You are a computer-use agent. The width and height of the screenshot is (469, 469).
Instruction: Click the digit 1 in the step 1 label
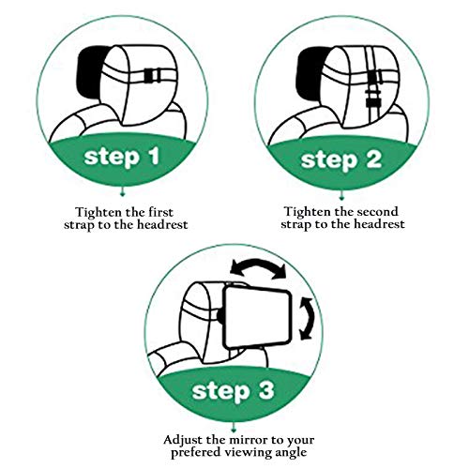click(x=155, y=156)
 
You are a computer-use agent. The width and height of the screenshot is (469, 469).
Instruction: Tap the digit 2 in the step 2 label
click(x=374, y=159)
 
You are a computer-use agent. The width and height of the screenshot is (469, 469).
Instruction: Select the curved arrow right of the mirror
click(x=309, y=318)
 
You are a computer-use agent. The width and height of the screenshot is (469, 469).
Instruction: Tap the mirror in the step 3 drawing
click(x=259, y=316)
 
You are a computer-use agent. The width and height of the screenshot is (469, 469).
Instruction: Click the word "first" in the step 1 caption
click(x=160, y=212)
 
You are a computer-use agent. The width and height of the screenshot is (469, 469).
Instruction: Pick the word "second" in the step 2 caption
click(x=378, y=212)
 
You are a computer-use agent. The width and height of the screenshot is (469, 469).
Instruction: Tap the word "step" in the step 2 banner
click(x=329, y=160)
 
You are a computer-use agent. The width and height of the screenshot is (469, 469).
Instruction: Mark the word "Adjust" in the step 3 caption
click(x=182, y=440)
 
